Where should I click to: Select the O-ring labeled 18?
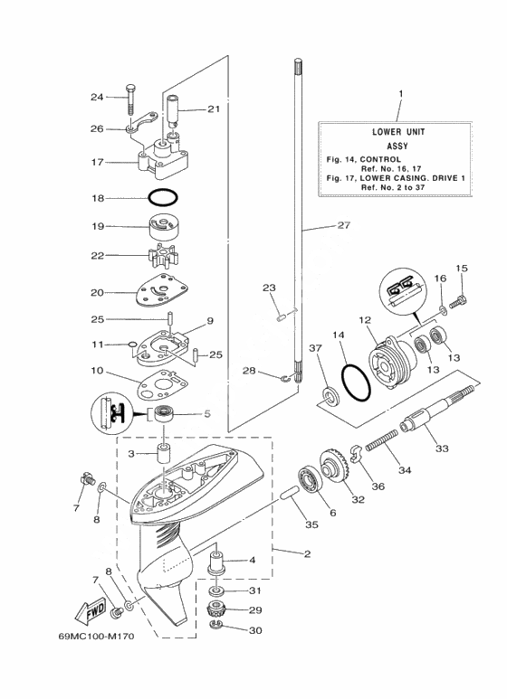click(x=162, y=197)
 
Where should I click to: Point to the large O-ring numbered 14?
click(x=356, y=383)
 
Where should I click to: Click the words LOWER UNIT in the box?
click(x=398, y=132)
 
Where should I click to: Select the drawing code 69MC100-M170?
click(x=95, y=636)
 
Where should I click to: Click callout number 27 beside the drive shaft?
click(x=344, y=225)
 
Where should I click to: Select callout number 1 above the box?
click(x=401, y=94)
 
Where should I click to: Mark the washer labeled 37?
click(x=330, y=395)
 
